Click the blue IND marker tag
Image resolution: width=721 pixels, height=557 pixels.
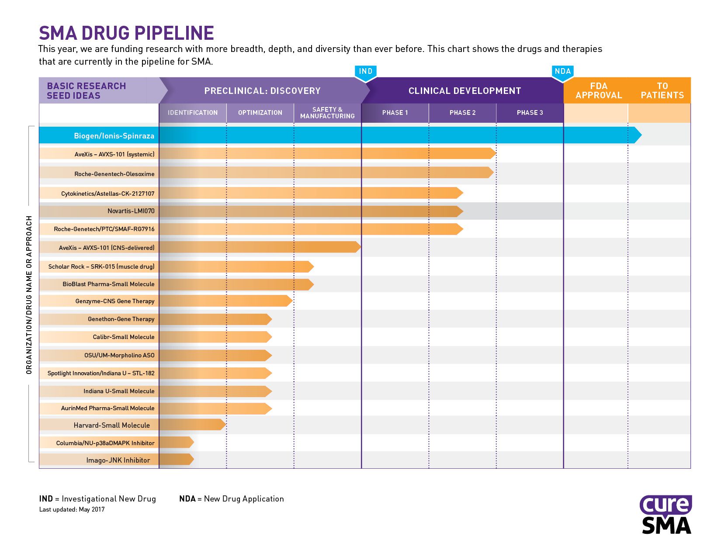[365, 73]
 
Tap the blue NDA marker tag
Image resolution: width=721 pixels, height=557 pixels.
[562, 73]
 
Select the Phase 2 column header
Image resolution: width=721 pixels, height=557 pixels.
[462, 112]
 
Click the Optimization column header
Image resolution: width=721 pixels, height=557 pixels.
[260, 112]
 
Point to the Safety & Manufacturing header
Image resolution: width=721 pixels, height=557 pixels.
[327, 113]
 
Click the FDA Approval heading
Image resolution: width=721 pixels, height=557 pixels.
[599, 90]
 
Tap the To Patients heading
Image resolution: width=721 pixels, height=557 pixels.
[662, 90]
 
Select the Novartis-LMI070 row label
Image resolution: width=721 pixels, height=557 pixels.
[131, 211]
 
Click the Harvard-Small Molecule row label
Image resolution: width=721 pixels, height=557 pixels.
[112, 426]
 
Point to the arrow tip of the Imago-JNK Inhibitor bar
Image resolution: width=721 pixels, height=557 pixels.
[194, 459]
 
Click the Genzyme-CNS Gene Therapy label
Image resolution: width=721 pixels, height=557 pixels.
[115, 301]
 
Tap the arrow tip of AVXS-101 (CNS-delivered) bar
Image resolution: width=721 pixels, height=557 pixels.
[360, 247]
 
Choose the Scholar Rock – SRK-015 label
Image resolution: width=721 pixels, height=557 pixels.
[101, 266]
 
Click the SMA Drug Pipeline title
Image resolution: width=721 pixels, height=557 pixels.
[126, 33]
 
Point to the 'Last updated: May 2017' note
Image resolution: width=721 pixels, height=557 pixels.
[72, 509]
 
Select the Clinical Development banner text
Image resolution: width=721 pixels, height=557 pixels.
[464, 90]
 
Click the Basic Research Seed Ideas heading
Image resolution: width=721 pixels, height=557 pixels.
[86, 90]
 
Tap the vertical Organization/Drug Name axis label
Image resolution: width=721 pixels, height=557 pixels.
[29, 295]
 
